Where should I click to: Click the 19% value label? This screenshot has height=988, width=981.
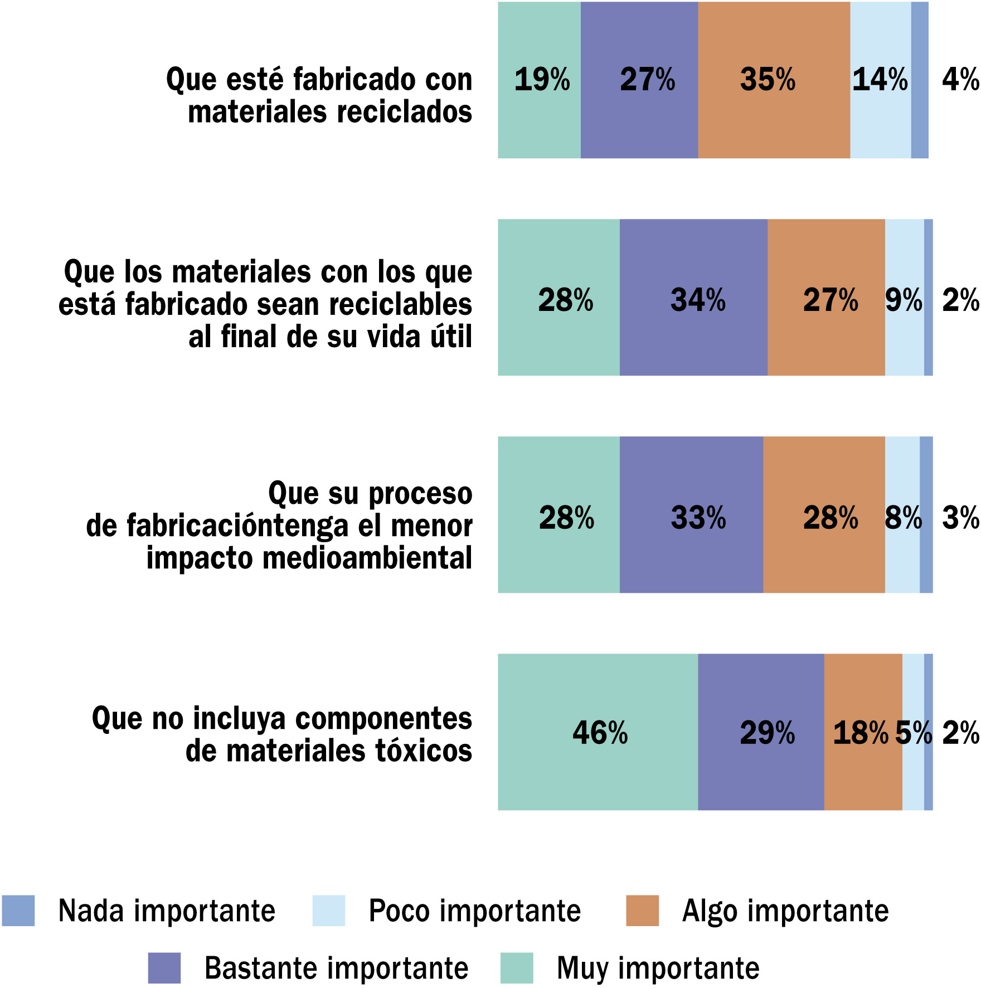coord(542,80)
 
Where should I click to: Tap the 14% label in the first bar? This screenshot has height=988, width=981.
coord(880,80)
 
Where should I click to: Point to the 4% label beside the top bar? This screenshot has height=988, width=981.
coord(960,80)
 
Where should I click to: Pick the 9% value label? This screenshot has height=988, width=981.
coord(904,300)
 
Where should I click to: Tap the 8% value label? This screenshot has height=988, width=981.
coord(903,518)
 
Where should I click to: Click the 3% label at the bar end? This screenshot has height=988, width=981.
coord(960,518)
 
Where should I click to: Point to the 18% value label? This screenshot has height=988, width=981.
coord(860,733)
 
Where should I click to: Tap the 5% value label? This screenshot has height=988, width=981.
coord(913,733)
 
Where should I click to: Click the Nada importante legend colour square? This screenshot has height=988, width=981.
coord(18,911)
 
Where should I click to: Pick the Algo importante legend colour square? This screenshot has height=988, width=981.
coord(642,911)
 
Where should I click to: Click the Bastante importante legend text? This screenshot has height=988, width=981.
coord(336,968)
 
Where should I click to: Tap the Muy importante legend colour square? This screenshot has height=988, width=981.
coord(517,968)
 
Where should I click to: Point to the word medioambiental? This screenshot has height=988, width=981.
coord(367,558)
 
